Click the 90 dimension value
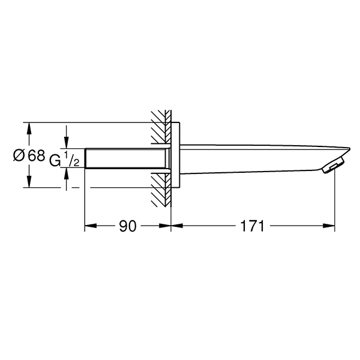pyautogui.click(x=128, y=226)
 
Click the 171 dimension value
pyautogui.click(x=253, y=226)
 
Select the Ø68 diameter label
pyautogui.click(x=29, y=155)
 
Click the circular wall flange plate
pyautogui.click(x=175, y=155)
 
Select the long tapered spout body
pyautogui.click(x=264, y=159)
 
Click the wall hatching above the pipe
pyautogui.click(x=161, y=127)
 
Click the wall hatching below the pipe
pyautogui.click(x=161, y=190)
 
